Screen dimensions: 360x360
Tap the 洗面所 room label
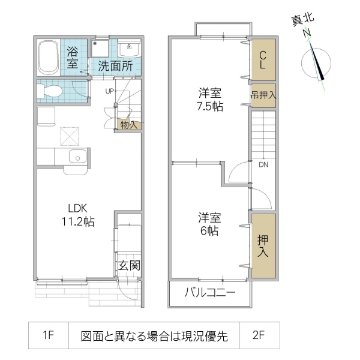click(115, 66)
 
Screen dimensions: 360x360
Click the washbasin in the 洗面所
click(128, 48)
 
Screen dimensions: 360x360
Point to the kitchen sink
click(76, 158)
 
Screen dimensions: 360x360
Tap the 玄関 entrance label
click(128, 265)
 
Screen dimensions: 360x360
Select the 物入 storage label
click(128, 125)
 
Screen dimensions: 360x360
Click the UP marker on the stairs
click(110, 91)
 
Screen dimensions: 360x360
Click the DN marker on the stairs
click(264, 164)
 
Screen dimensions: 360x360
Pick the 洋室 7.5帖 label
click(210, 100)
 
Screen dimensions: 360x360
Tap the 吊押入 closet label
click(263, 95)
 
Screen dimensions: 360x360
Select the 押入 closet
click(263, 246)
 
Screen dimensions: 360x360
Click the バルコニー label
click(209, 293)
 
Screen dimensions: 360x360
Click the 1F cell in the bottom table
click(49, 337)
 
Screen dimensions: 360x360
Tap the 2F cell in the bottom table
click(259, 337)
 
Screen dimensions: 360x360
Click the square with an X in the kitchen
click(70, 136)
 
